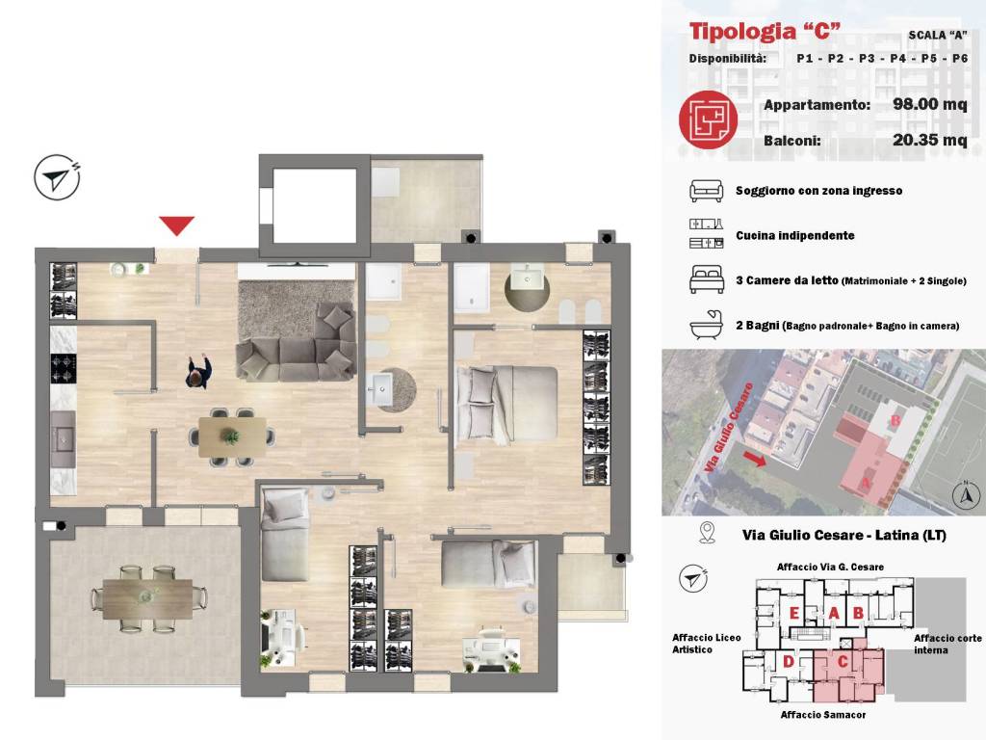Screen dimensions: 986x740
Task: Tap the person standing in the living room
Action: (198, 373)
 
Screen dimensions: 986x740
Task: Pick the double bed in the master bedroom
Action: (506, 404)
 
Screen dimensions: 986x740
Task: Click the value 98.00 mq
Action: (929, 104)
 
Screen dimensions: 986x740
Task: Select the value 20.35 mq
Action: (929, 140)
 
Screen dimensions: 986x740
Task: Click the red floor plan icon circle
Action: (708, 119)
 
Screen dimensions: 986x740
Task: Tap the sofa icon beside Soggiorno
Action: (706, 191)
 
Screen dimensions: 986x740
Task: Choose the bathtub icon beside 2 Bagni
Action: (706, 326)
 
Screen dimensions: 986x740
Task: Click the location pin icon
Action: (708, 532)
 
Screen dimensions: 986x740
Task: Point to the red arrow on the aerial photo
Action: (755, 459)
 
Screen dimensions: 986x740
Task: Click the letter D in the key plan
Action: (788, 661)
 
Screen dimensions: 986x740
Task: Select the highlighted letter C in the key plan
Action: (843, 661)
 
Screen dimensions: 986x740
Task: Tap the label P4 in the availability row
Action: (898, 59)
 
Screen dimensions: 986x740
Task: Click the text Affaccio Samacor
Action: (823, 715)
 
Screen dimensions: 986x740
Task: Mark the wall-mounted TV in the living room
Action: (297, 266)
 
